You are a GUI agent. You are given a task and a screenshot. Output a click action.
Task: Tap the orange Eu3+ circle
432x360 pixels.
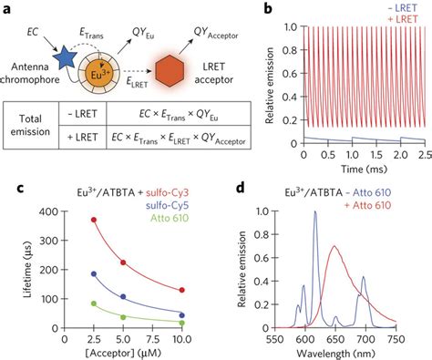[x=100, y=70]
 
